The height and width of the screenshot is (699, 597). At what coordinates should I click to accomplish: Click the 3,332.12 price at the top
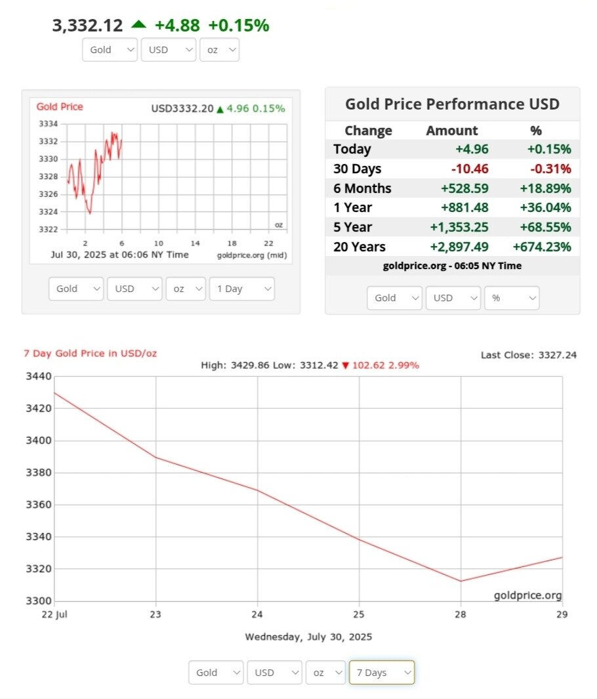[87, 26]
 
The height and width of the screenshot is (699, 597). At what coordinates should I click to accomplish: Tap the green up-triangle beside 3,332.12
[138, 24]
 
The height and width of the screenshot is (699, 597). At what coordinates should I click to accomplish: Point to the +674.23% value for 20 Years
[541, 247]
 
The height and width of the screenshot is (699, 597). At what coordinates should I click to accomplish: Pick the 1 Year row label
[352, 207]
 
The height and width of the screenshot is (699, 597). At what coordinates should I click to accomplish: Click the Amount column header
[452, 130]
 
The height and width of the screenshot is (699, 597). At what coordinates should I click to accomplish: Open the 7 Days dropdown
[382, 672]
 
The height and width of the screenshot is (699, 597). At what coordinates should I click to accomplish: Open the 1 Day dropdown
[241, 289]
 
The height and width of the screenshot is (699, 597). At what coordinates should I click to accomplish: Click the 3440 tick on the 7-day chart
[38, 376]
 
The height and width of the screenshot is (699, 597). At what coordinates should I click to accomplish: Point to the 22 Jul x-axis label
[54, 615]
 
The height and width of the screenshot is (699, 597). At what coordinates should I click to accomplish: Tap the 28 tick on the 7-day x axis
[461, 615]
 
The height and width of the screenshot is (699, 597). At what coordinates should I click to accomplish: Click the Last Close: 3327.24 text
[529, 355]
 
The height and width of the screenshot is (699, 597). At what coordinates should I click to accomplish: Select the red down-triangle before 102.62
[346, 365]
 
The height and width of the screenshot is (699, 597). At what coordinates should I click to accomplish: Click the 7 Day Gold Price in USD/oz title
[91, 353]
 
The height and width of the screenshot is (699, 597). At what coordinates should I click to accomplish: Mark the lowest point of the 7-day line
[461, 581]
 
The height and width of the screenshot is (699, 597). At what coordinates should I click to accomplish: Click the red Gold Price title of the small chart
[60, 106]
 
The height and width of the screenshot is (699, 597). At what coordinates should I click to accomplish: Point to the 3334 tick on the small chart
[49, 123]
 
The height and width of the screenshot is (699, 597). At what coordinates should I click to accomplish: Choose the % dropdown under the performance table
[511, 297]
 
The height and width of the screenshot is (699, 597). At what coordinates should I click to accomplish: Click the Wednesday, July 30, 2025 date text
[308, 637]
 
